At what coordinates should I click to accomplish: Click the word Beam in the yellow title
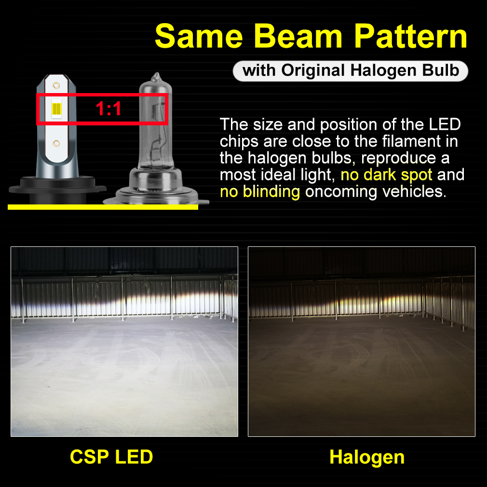298,36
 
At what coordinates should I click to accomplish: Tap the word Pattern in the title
411,36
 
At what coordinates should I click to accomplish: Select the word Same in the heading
199,36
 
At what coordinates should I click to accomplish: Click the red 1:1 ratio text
108,108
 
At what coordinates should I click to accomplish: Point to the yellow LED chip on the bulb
56,108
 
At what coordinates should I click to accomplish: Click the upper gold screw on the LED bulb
56,85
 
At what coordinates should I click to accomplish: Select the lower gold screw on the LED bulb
56,144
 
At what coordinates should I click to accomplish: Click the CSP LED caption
111,457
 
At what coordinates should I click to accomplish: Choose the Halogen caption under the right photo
367,458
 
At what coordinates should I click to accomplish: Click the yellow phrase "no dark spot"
386,175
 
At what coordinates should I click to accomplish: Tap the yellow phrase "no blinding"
260,191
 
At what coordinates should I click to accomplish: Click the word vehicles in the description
415,191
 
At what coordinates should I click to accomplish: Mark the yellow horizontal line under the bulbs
103,207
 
